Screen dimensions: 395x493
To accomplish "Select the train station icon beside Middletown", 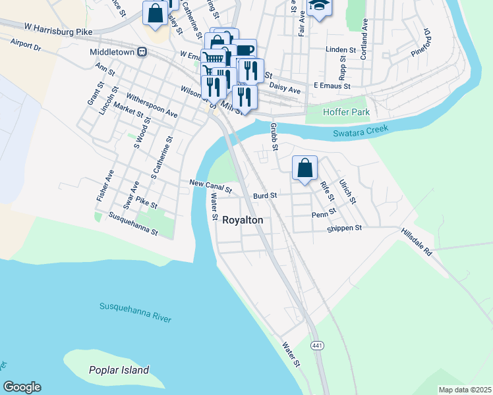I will click(142, 51).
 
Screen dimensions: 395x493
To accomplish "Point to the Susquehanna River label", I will click(135, 312).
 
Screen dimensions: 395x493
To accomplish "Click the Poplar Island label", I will click(119, 370).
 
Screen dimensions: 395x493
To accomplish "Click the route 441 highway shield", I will click(318, 346).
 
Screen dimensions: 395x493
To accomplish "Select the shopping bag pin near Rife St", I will click(304, 168).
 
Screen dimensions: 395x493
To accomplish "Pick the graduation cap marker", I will click(319, 6).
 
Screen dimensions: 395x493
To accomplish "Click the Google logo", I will click(22, 387).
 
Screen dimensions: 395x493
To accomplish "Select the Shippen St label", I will click(345, 228).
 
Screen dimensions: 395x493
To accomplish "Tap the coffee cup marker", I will click(245, 50).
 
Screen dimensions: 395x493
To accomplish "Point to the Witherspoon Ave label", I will click(152, 104).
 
